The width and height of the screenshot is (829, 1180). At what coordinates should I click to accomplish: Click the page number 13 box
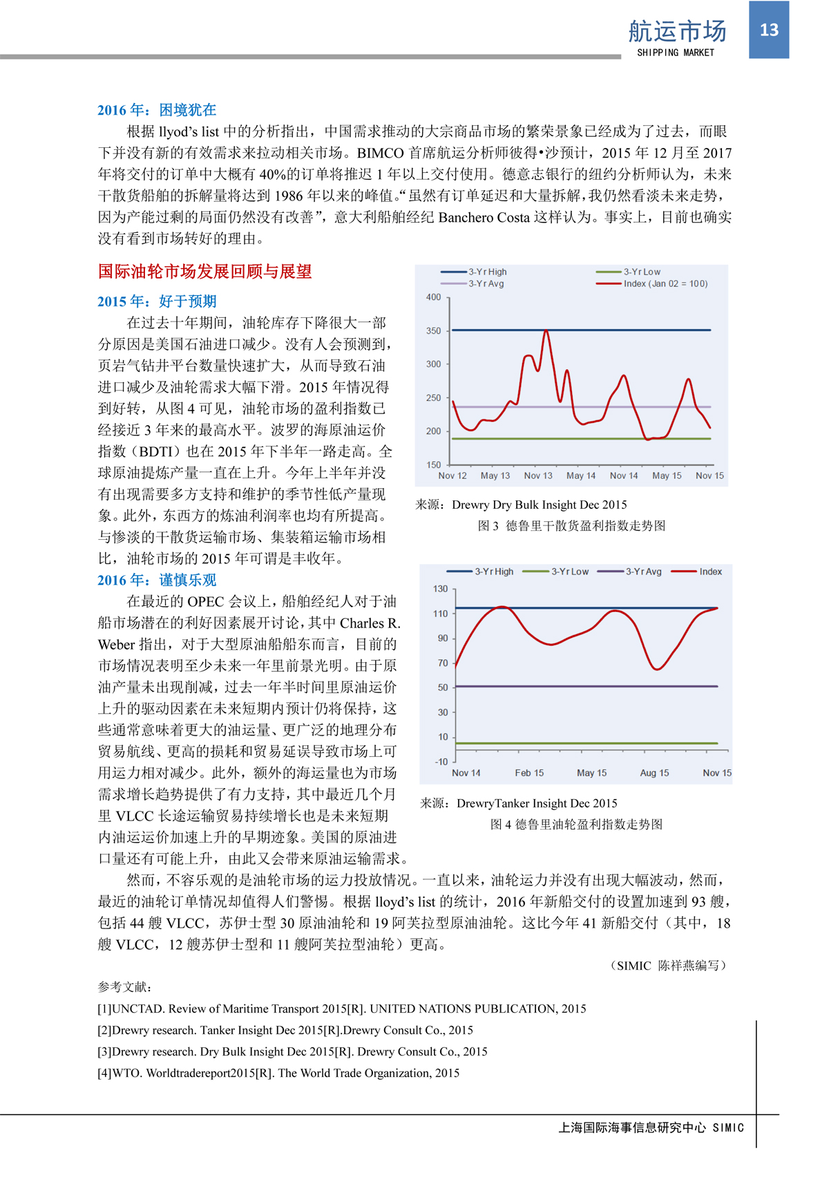pos(769,30)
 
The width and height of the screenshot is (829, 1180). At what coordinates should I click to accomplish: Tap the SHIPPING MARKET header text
pos(675,53)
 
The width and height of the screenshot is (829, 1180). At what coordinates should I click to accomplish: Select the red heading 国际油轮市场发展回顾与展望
pos(204,272)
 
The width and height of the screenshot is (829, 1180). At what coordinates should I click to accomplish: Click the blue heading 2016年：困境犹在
pos(157,110)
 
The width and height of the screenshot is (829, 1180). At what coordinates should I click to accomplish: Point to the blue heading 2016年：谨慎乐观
pos(157,580)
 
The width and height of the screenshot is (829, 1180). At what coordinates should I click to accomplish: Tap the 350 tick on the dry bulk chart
pos(433,331)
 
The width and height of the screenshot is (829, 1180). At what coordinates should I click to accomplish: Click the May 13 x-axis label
pos(495,476)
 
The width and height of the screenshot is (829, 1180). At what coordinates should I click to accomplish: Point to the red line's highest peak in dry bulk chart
pos(546,331)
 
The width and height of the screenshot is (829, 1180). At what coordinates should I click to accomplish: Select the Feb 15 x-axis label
pos(529,773)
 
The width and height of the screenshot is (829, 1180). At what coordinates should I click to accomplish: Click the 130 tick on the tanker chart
pos(440,589)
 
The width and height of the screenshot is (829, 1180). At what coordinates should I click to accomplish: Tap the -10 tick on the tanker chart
pos(441,762)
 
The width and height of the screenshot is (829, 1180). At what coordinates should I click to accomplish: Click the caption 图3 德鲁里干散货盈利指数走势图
pos(571,526)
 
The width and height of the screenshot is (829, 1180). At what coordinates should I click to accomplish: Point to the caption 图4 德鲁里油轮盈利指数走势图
pos(576,824)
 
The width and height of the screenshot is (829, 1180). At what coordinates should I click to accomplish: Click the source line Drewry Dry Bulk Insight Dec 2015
pos(521,505)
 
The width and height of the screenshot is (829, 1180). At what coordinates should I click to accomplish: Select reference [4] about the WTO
pos(278,1073)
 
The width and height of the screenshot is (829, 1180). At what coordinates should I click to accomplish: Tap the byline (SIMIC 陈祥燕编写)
pos(667,966)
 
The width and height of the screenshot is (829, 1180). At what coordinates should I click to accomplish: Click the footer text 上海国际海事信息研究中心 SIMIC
pos(651,1127)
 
